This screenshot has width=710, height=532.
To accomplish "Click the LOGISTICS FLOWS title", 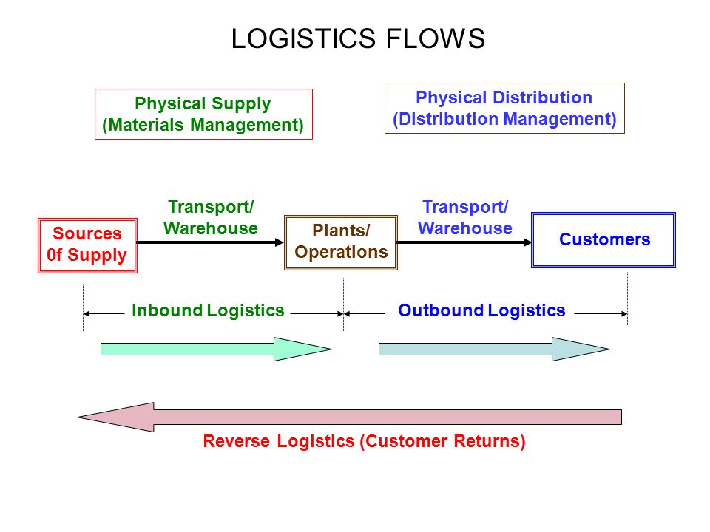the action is pos(358,38).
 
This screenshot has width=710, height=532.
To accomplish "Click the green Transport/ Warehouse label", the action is pos(211,217).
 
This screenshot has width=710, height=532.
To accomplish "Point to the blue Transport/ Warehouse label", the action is pos(465,217).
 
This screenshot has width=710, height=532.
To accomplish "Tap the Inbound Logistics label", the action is pos(208,310).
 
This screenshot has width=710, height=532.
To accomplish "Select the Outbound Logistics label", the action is pos(481,310).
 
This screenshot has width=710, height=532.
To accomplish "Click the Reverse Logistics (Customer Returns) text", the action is pos(364,441).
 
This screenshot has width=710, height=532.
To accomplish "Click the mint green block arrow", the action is pos(217,349).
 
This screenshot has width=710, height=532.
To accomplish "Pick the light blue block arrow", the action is pos(495,349).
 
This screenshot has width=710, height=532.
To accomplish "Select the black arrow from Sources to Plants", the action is pos(210,242).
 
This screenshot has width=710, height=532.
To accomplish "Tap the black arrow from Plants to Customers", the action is pos(464,242).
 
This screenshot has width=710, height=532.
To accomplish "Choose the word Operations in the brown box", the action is pos(341,253).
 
